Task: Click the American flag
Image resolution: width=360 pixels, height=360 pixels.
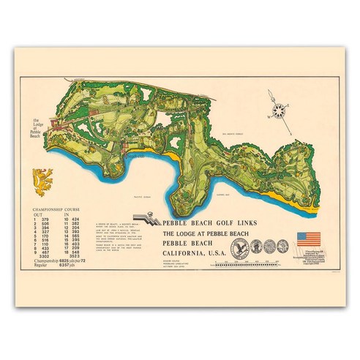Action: pos(306,238)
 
